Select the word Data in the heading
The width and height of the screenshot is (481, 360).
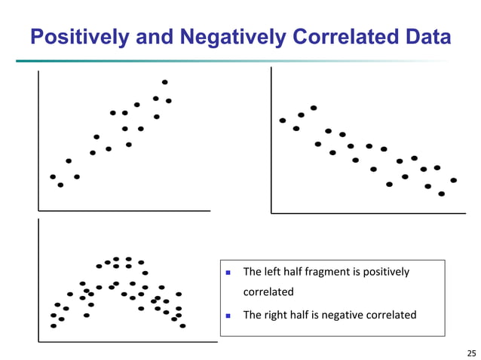[427, 36]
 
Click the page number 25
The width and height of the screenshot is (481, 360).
[471, 352]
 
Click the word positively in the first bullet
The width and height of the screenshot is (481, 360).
[384, 271]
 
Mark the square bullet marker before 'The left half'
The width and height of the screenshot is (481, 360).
[228, 272]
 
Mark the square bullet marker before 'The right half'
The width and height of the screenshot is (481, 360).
[228, 316]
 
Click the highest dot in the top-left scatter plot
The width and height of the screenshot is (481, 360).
[164, 81]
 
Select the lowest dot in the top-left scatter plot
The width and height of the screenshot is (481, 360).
[60, 185]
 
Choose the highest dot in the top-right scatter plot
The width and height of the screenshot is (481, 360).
[314, 108]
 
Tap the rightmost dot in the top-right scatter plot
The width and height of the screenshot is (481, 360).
[453, 180]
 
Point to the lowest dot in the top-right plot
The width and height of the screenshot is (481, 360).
[442, 194]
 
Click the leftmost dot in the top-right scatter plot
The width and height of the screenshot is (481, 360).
[283, 121]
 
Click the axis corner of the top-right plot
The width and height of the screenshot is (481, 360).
[271, 213]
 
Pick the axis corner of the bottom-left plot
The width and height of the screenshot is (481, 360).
[39, 342]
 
